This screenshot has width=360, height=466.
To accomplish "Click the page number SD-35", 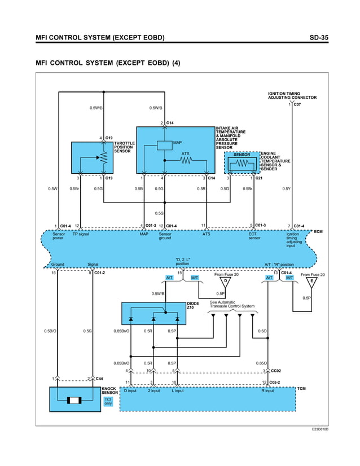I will point(319,38).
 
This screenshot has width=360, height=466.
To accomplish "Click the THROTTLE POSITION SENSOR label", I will point(125,147).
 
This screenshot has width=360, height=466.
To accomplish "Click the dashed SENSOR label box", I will point(242,155).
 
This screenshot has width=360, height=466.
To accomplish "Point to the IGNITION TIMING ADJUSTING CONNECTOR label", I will point(292,95).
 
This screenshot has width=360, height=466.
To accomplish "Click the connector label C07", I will point(297,104).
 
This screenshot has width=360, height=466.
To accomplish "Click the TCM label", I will point(301,389).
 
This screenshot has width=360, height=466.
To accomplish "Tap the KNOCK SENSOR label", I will point(109,390).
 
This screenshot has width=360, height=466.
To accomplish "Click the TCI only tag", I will point(108,401).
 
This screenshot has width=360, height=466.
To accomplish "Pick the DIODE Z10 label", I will point(193,306).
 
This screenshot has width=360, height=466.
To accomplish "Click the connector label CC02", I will point(276,371).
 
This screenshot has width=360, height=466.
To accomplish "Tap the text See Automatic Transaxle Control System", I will point(232,304).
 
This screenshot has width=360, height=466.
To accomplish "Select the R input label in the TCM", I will point(267,390).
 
